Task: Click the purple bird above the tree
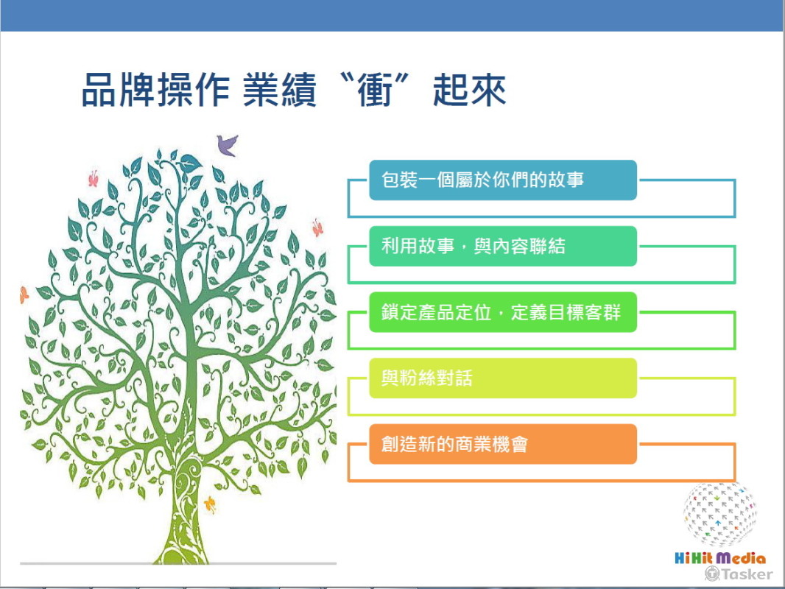click(227, 145)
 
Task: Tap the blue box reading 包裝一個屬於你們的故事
click(503, 180)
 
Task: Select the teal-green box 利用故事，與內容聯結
click(503, 246)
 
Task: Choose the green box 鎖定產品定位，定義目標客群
click(503, 312)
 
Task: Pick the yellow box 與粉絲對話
click(503, 378)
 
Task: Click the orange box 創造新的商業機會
click(503, 445)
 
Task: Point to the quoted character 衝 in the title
click(375, 90)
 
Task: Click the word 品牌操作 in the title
click(155, 90)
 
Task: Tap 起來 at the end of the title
click(470, 90)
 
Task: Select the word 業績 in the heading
click(280, 90)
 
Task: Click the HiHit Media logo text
click(720, 558)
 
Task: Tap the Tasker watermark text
click(739, 574)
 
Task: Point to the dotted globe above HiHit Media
click(719, 515)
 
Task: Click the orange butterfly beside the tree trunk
click(211, 504)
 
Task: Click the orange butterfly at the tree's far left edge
click(24, 294)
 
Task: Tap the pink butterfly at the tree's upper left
click(93, 179)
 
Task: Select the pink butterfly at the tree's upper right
click(317, 228)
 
